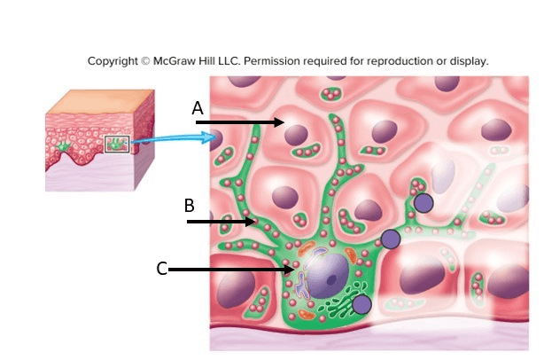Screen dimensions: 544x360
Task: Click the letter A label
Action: point(198,108)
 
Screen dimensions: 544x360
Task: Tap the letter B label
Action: point(189,206)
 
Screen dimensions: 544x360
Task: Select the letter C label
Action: point(161,269)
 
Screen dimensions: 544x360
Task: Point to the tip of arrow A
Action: point(284,122)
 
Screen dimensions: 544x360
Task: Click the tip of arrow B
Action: point(256,222)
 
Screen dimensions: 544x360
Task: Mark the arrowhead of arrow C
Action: point(294,270)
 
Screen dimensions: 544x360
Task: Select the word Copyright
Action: point(113,61)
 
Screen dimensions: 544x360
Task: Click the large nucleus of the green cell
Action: point(327,275)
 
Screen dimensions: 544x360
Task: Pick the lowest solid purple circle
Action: point(361,304)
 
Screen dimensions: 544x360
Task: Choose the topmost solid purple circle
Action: point(424,203)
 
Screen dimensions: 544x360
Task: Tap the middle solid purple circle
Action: point(391,239)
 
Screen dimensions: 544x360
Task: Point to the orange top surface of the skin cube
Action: point(101,102)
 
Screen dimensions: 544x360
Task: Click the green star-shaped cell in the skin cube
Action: point(62,147)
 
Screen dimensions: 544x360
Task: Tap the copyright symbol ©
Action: point(145,61)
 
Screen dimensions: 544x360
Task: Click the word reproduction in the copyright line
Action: point(401,61)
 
